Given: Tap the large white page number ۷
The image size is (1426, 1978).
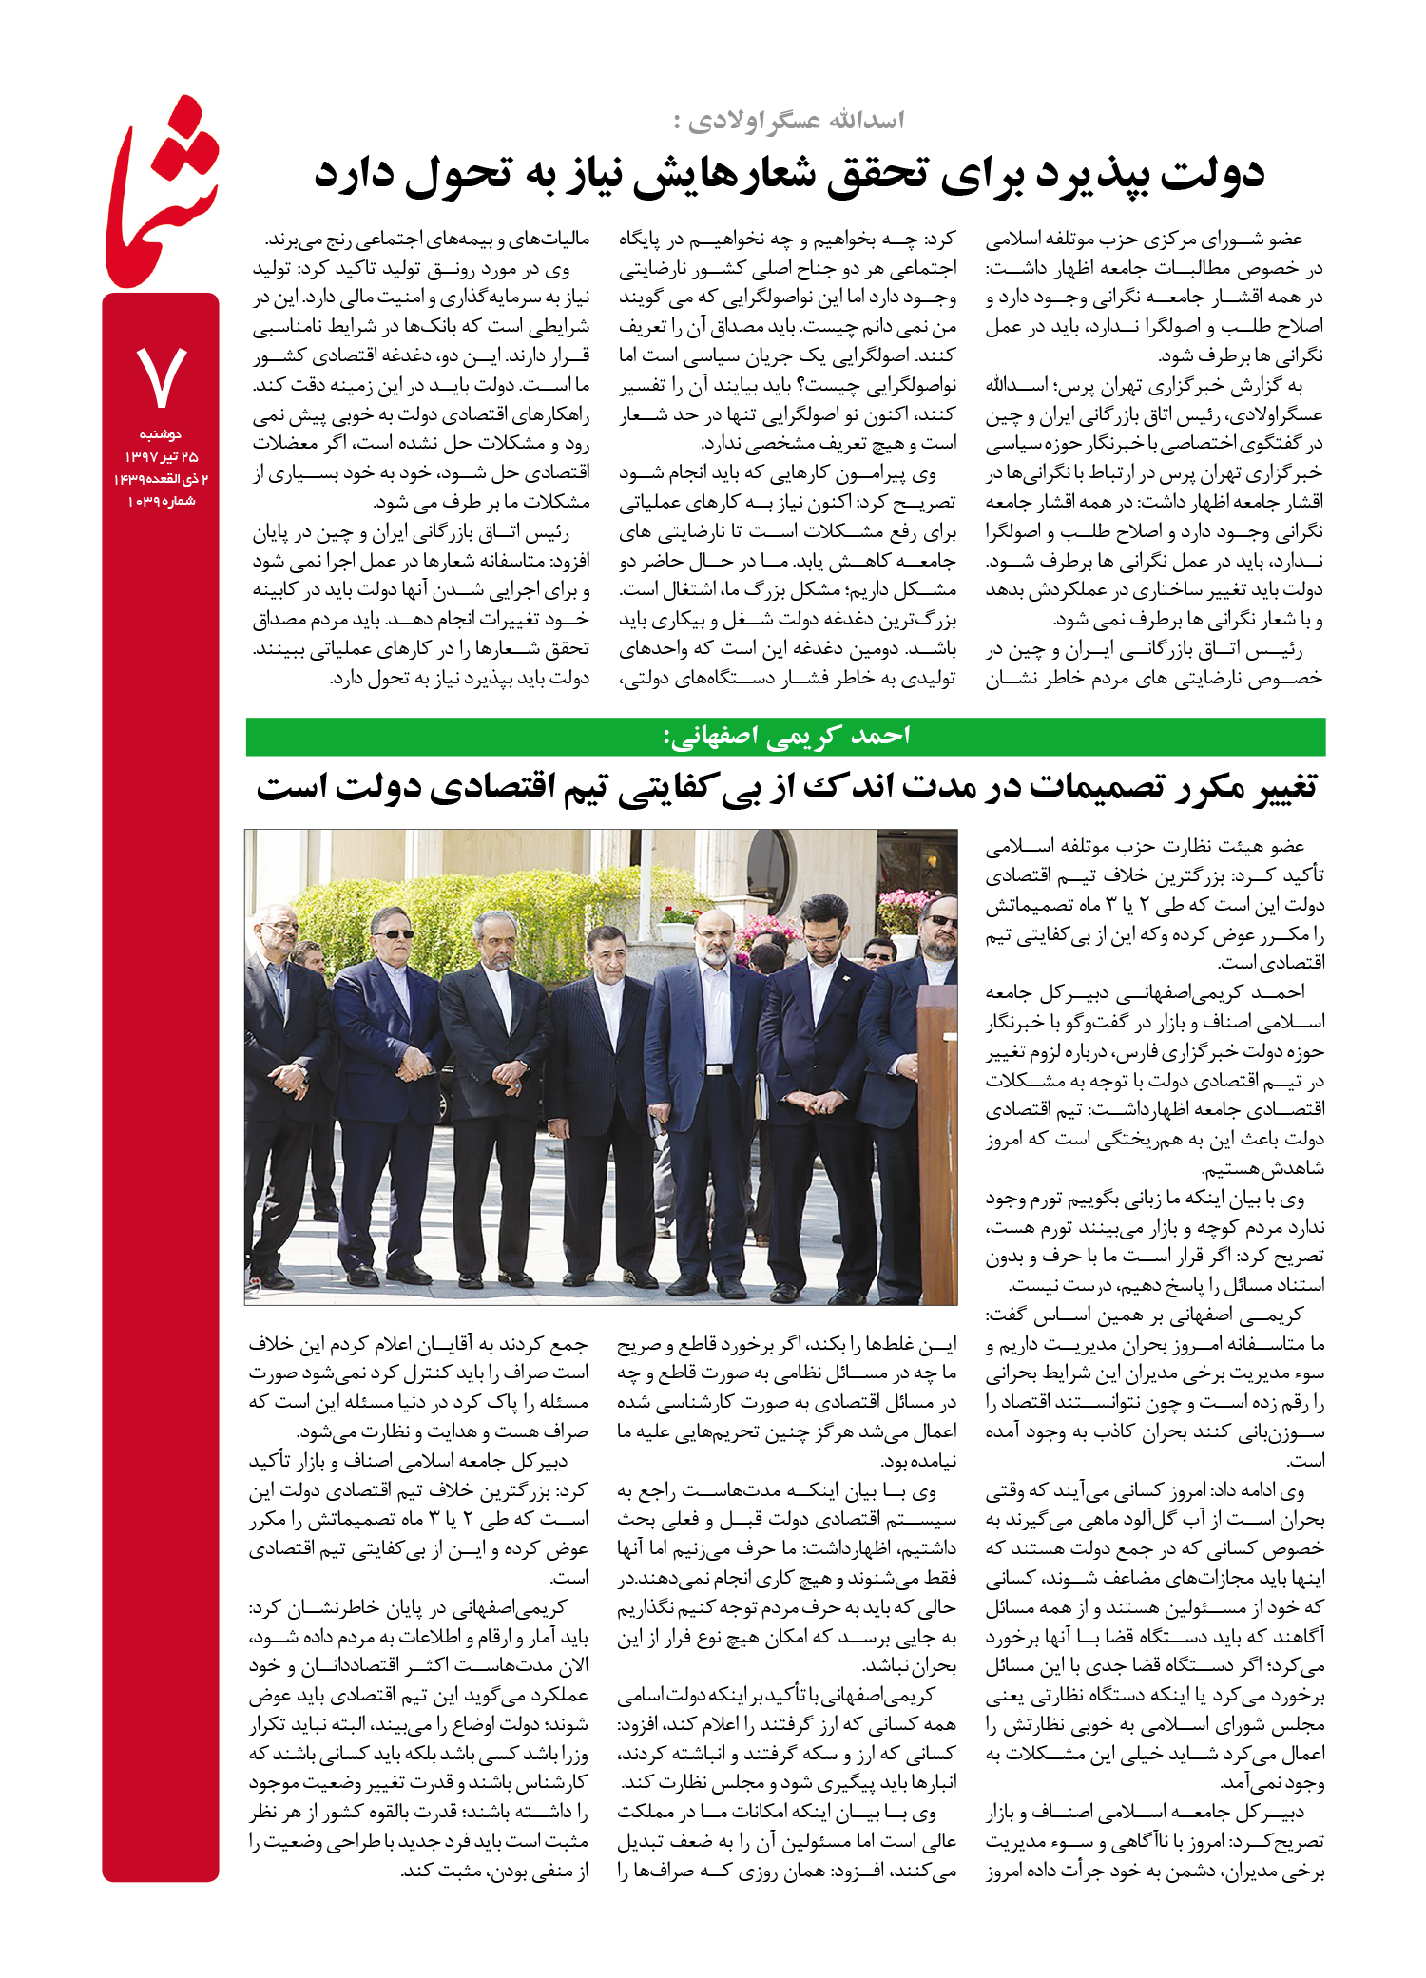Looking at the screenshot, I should [161, 376].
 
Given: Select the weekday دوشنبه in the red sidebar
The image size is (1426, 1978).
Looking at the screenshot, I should [160, 434].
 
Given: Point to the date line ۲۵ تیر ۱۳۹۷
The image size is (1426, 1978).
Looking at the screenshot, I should [160, 457].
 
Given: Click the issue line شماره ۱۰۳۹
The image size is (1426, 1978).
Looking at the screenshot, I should [160, 502].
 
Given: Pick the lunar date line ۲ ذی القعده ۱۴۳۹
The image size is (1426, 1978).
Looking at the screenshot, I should [160, 479].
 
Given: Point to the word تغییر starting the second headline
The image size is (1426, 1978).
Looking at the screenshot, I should [1274, 787].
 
